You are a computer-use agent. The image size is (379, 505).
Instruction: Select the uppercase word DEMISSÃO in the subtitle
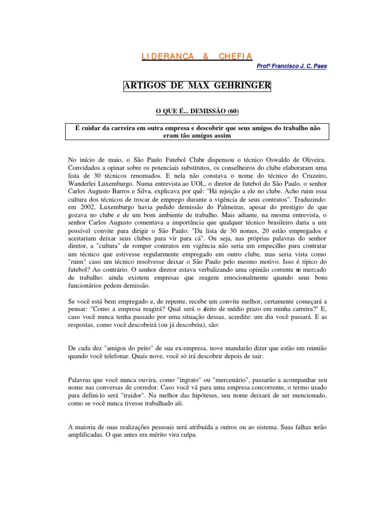pyautogui.click(x=201, y=111)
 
